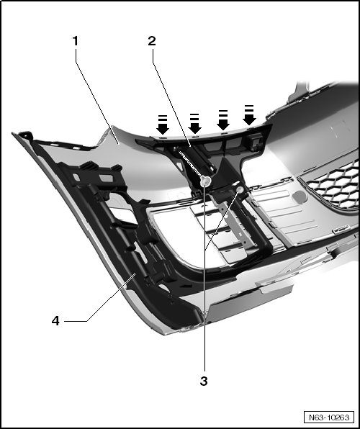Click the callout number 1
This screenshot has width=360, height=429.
[76, 41]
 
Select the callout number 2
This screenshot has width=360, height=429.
[152, 41]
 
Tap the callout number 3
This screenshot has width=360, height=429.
[204, 381]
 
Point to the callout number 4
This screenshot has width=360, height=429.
[55, 320]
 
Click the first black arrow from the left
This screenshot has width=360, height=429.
[163, 125]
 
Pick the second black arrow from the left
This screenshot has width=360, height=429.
[194, 124]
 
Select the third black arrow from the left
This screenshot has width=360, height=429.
[223, 120]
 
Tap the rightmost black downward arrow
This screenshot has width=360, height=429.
[249, 115]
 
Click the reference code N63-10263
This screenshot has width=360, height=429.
[329, 417]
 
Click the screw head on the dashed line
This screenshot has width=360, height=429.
[206, 181]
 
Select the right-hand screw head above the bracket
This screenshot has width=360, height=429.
[240, 189]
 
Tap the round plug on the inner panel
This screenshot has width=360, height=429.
[300, 197]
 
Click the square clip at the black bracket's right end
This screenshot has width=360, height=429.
[255, 142]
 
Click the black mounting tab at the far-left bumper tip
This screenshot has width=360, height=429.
[25, 135]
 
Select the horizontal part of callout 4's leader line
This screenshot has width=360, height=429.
[76, 321]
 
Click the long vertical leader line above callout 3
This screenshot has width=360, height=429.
[204, 276]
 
